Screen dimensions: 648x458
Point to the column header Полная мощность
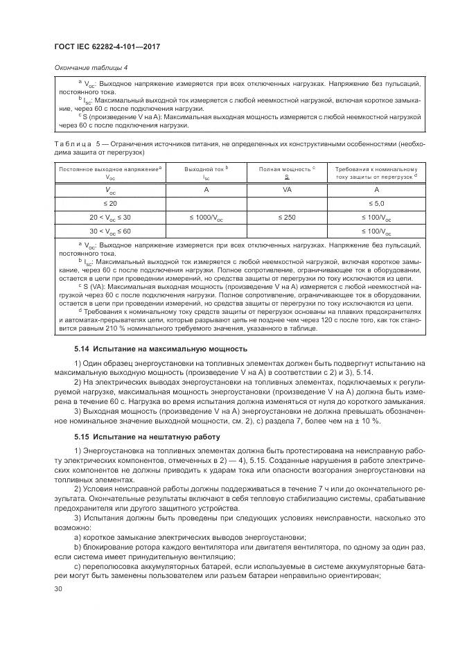[285, 168]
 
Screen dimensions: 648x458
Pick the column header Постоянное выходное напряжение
[109, 168]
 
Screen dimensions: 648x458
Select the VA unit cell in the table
[287, 189]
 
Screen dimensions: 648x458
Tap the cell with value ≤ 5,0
[376, 203]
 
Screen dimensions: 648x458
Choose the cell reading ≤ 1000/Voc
[206, 218]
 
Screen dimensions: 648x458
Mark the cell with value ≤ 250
[287, 218]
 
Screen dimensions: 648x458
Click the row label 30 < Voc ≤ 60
[110, 231]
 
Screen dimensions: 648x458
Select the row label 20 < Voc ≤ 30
[110, 218]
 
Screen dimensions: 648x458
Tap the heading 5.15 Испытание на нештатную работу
[147, 437]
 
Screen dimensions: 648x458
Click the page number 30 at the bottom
[58, 588]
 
